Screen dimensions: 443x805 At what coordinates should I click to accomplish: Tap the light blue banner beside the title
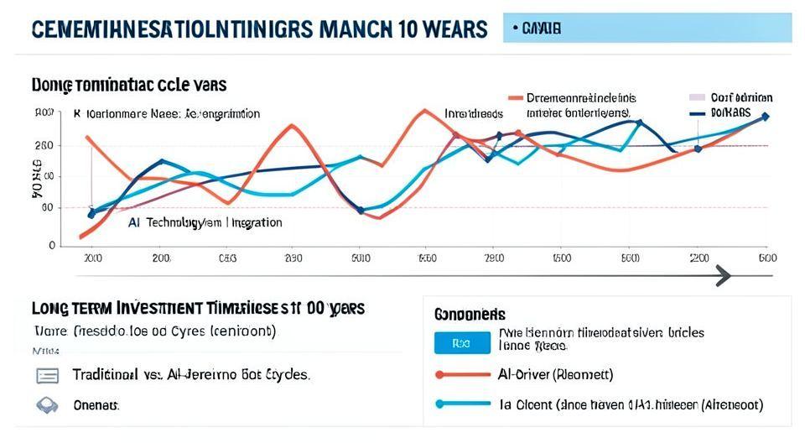(x=647, y=29)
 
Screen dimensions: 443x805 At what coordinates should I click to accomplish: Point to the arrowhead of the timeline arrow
(x=722, y=275)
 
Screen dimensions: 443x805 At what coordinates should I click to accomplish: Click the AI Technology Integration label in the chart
(x=205, y=223)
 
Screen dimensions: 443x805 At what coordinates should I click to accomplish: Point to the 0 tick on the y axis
(x=52, y=246)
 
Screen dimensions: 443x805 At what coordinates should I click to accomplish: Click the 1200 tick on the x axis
(x=698, y=258)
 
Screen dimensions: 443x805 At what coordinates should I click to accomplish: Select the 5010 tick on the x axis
(x=361, y=258)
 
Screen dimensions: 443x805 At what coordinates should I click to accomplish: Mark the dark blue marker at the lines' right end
(x=765, y=117)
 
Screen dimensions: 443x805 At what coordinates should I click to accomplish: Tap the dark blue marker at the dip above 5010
(x=361, y=211)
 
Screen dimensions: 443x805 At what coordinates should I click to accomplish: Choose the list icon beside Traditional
(x=47, y=375)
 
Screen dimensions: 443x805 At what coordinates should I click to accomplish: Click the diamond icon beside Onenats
(x=47, y=405)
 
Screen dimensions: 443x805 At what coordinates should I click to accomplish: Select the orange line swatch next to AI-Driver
(x=461, y=374)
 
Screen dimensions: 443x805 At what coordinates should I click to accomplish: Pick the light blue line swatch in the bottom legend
(x=461, y=404)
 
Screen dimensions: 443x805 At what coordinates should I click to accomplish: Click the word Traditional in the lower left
(x=105, y=374)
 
